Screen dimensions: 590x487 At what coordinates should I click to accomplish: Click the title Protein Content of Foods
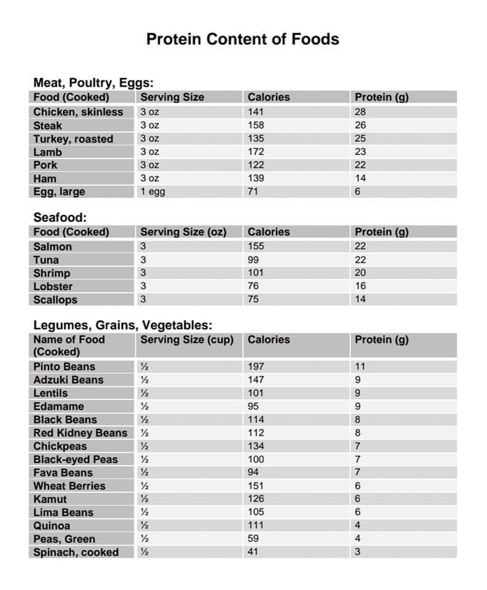point(242,39)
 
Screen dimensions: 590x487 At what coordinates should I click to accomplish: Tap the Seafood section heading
point(60,218)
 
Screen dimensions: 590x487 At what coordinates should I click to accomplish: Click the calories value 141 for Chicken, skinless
point(256,112)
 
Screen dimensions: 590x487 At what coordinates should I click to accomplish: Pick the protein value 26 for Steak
point(360,125)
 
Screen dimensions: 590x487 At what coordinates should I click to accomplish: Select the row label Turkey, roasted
point(73,139)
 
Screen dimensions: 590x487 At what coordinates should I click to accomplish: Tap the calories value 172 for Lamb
point(256,152)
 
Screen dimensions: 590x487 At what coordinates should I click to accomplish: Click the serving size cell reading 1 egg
point(152,192)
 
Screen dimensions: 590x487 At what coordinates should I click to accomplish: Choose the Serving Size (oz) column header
point(183,232)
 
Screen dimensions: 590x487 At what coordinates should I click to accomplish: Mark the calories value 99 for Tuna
point(253,260)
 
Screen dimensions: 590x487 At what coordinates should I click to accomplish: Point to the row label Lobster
point(53,286)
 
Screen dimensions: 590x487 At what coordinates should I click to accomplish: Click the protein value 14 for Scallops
point(360,300)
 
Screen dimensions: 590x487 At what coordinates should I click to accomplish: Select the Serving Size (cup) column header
point(187,340)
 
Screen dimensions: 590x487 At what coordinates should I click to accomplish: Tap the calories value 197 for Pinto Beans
point(256,367)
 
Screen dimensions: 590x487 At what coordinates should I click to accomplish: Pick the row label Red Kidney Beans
point(80,433)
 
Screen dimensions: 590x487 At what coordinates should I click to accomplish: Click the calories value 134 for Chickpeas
point(256,446)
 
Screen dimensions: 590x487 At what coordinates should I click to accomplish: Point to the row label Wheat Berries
point(69,486)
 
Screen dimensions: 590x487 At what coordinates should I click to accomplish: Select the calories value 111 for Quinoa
point(256,526)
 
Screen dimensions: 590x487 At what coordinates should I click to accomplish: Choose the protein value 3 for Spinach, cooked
point(358,553)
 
